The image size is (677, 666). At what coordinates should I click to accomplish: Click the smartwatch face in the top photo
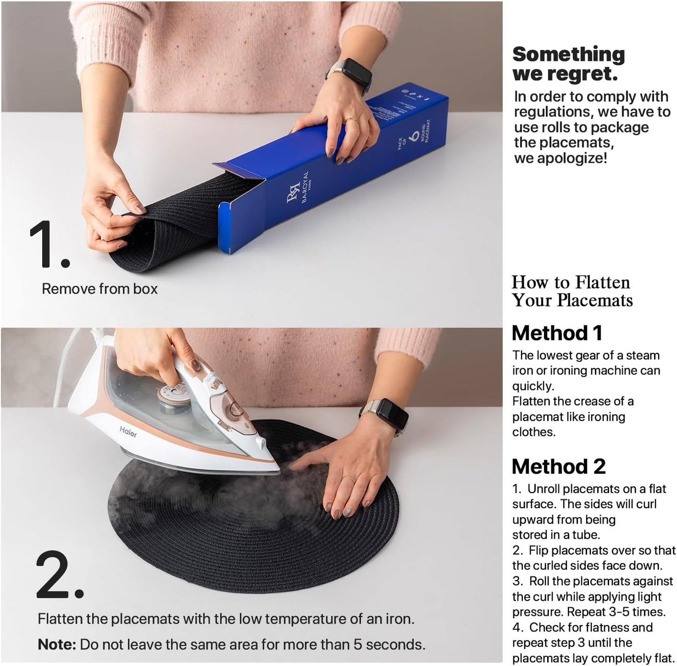(x=356, y=75)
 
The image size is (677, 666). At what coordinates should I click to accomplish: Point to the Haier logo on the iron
(x=128, y=431)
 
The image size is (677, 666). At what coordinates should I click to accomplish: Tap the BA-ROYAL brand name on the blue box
(x=305, y=187)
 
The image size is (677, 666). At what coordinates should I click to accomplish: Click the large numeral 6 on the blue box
(x=414, y=136)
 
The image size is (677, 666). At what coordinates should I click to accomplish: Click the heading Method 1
(x=557, y=333)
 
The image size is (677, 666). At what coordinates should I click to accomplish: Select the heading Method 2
(x=558, y=466)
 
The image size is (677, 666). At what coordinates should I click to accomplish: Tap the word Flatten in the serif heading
(x=603, y=282)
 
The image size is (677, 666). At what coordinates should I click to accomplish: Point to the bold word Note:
(x=57, y=644)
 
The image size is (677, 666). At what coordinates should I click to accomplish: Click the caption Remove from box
(x=100, y=289)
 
